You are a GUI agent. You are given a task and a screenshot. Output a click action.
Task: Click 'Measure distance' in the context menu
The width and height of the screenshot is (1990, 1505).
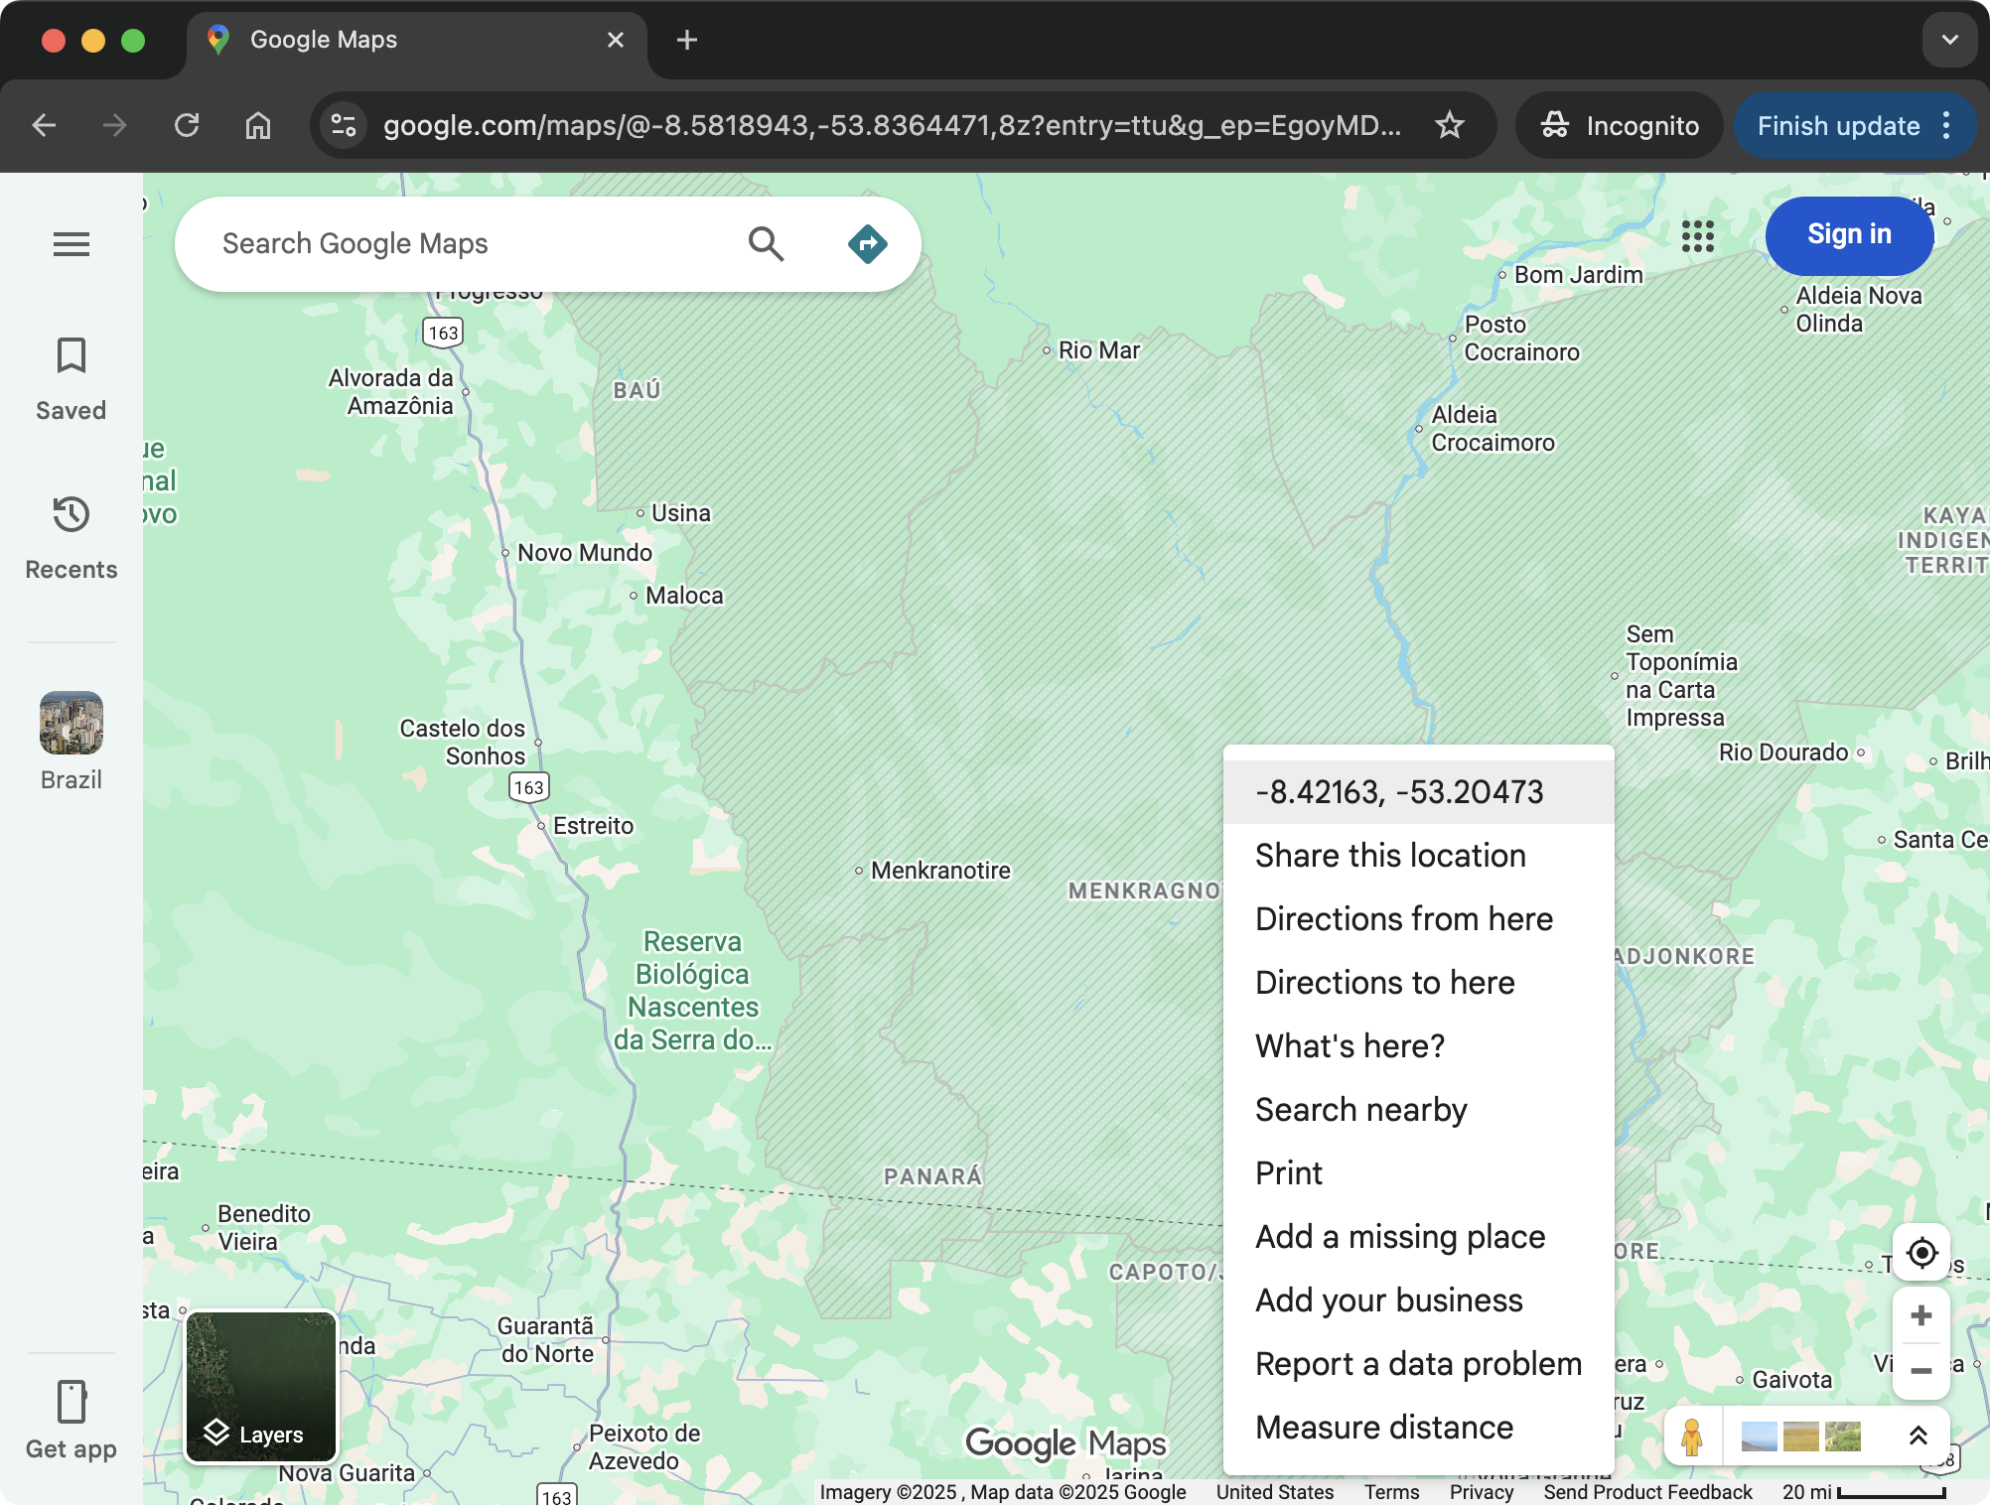[1383, 1427]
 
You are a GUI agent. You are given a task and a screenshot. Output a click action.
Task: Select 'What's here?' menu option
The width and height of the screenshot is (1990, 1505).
[1350, 1045]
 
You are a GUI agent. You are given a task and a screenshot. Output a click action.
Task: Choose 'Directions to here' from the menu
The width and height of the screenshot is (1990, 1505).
[1384, 982]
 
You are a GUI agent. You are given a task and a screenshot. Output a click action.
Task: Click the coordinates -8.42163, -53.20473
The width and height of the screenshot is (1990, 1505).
[1398, 791]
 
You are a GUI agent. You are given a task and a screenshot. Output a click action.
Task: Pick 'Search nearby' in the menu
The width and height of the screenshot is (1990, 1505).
[1360, 1109]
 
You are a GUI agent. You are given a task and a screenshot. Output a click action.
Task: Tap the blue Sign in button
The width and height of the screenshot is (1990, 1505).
[1848, 235]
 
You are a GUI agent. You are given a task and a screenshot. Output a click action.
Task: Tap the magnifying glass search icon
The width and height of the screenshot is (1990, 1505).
[766, 243]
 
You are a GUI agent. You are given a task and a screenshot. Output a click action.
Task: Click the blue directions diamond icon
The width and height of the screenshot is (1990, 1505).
[867, 243]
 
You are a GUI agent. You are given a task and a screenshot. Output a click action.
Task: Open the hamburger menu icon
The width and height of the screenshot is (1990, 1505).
[71, 243]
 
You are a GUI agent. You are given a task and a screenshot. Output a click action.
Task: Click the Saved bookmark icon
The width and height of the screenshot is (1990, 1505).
[71, 355]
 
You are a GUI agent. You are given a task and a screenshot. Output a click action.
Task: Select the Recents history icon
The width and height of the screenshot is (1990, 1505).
[71, 514]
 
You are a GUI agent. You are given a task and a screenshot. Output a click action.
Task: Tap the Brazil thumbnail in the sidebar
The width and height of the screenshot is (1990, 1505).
[71, 723]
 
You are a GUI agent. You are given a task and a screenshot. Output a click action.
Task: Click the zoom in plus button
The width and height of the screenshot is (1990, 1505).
[1921, 1315]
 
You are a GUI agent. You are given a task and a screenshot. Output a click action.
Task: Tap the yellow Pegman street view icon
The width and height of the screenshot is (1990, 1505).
[1692, 1437]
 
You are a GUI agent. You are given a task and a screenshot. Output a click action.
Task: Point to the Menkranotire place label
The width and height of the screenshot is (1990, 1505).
[939, 871]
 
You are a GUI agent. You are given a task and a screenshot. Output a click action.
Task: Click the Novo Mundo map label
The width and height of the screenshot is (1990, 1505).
[584, 553]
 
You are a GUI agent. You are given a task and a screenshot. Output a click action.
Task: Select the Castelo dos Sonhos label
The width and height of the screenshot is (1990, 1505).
[463, 742]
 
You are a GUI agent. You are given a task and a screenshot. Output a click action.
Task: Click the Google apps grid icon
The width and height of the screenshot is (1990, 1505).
[1698, 236]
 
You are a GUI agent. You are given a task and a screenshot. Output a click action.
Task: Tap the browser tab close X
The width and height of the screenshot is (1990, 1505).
[616, 40]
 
